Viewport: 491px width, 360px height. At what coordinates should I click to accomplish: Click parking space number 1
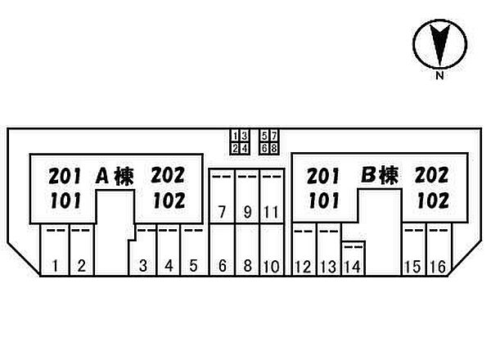coord(55,250)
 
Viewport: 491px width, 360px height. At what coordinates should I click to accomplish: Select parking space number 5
coord(192,250)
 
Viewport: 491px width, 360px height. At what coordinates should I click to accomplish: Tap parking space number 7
coord(222,196)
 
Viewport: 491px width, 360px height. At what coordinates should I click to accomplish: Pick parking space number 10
coord(272,250)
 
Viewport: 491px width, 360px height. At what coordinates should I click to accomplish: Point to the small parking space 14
coord(354,259)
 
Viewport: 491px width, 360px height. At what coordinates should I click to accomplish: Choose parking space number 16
coord(439,250)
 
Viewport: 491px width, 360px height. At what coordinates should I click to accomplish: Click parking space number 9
coord(247,196)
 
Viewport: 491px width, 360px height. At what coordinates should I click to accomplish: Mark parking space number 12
coord(304,250)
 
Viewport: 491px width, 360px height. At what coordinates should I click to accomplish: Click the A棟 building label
coord(115,176)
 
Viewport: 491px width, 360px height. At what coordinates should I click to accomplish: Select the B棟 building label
coord(380,175)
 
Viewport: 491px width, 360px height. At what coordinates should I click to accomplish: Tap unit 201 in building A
coord(65,176)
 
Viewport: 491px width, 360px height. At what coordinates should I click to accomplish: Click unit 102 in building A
coord(169,200)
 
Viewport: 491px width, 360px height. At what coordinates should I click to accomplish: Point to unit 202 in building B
coord(432,175)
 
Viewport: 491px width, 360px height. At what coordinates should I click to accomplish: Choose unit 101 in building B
coord(324,200)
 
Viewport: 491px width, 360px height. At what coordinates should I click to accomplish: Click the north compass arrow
coord(440,44)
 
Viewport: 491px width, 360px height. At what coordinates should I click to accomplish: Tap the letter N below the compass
coord(440,75)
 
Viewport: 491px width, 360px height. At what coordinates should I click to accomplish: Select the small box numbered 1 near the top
coord(236,136)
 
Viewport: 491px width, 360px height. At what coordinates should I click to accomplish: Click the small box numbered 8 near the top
coord(274,148)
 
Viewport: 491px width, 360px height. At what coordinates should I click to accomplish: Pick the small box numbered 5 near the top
coord(264,136)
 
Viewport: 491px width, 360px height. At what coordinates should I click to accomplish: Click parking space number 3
coord(142,250)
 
